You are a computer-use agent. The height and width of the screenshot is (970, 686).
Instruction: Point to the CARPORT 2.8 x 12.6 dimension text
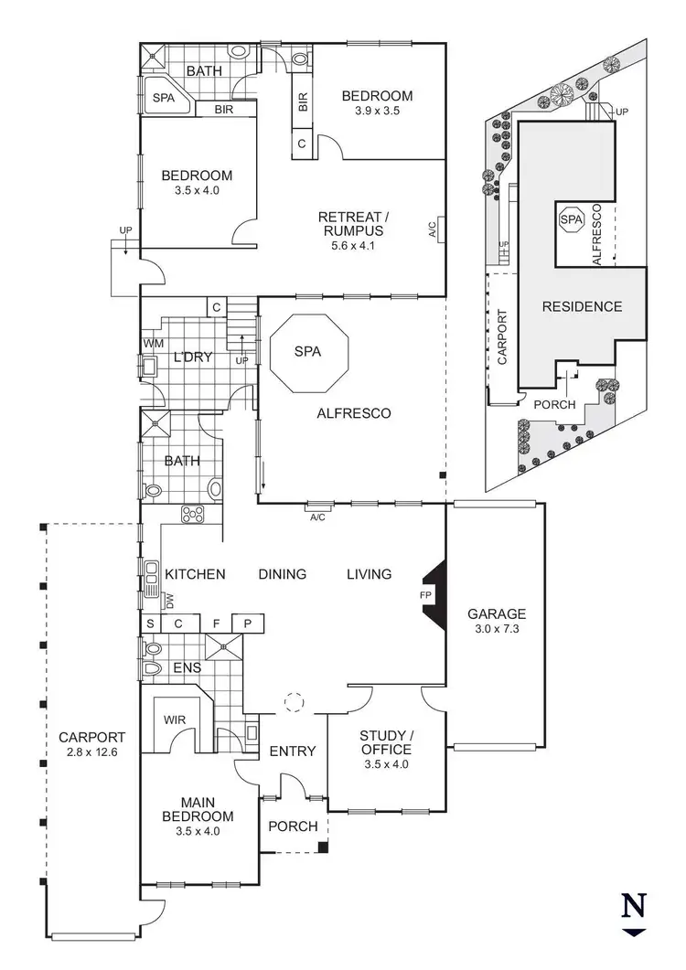tap(91, 752)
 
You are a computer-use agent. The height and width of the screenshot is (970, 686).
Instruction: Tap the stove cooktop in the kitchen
tap(193, 515)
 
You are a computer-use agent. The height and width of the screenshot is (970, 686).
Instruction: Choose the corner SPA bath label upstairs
tap(164, 96)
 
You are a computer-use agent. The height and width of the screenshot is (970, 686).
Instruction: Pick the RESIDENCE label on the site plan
tap(582, 306)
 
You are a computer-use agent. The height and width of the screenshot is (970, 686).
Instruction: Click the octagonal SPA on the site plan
tap(571, 220)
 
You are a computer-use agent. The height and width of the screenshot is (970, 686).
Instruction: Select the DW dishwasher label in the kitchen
tap(169, 601)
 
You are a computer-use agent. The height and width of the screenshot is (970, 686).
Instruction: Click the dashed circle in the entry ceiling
tap(294, 702)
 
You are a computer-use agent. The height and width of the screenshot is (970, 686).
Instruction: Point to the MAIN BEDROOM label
tap(198, 809)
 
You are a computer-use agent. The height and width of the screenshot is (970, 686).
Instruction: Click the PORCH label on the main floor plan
tap(293, 826)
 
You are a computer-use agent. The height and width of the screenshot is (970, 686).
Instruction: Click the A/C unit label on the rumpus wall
tap(433, 229)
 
